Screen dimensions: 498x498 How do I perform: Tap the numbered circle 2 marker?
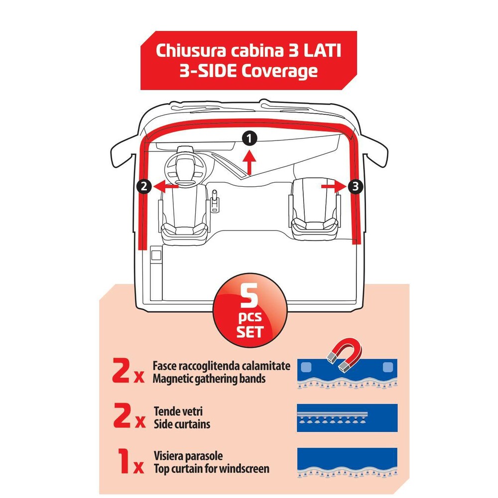tap(143, 187)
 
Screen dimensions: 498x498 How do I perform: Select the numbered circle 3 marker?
tap(354, 186)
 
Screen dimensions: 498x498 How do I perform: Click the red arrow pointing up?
tap(250, 162)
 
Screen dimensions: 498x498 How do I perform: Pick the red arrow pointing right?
tap(332, 186)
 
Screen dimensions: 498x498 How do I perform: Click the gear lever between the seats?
tap(215, 201)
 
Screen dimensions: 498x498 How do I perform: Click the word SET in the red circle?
tap(250, 332)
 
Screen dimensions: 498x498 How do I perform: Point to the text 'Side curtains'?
tap(182, 424)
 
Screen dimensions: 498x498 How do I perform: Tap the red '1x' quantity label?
tap(128, 462)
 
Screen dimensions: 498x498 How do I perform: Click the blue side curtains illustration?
tap(347, 417)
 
